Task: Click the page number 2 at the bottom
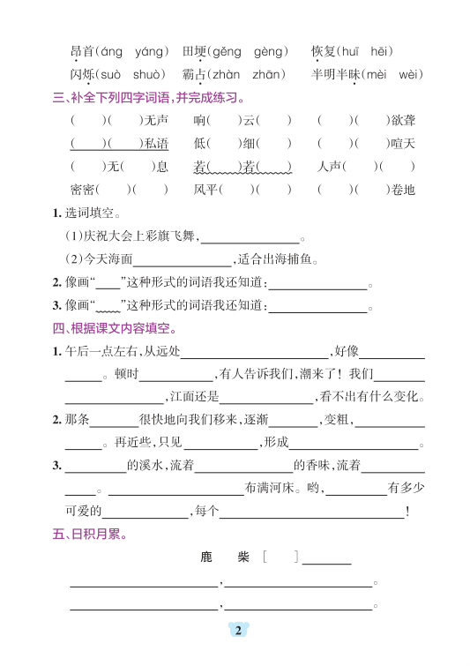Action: click(x=236, y=630)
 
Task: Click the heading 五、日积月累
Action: click(x=89, y=534)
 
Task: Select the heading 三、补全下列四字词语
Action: click(x=148, y=97)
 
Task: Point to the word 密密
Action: click(x=82, y=189)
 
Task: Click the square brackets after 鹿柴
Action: click(x=280, y=557)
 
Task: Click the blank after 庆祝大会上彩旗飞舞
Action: click(x=251, y=236)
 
